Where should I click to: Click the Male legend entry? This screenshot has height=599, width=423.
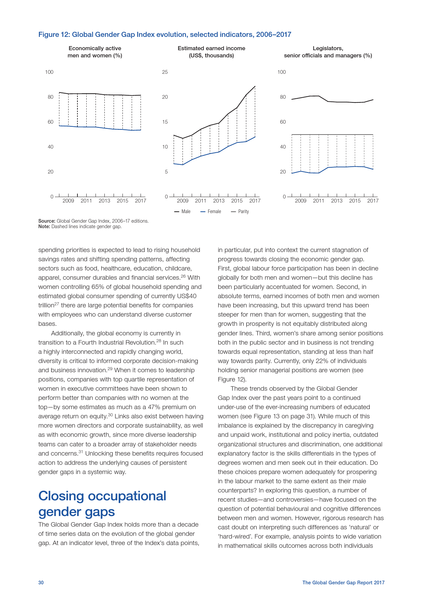point(183,212)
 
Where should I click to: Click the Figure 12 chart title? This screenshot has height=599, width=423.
point(164,34)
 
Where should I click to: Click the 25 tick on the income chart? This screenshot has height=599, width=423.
point(165,72)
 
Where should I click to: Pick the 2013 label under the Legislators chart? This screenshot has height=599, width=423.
point(336,201)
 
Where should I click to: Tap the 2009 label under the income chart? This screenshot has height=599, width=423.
point(183,201)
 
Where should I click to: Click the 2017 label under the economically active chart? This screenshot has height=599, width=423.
point(140,201)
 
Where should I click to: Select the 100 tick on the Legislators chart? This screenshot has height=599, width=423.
point(281,72)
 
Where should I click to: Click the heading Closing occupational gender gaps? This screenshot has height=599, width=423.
point(102,504)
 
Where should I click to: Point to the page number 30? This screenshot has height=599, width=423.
point(41,583)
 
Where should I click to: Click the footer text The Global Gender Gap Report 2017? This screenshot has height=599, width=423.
point(343,583)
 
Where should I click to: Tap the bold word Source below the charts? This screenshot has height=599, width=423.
point(47,221)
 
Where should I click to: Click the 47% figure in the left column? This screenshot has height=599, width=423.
point(154,407)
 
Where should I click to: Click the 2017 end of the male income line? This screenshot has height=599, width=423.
point(255,86)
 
